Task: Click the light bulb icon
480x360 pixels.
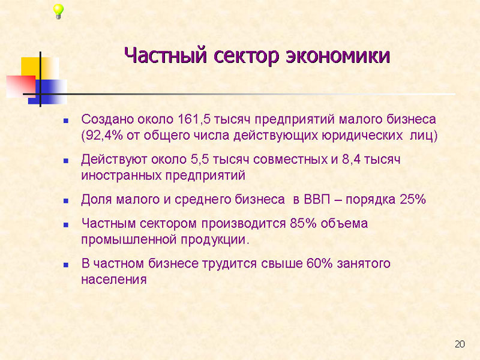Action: pyautogui.click(x=58, y=11)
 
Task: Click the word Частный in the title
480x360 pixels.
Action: pyautogui.click(x=166, y=56)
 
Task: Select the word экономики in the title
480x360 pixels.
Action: pyautogui.click(x=338, y=56)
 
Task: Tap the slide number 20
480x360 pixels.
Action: pyautogui.click(x=460, y=344)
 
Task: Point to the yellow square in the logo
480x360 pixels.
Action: pyautogui.click(x=40, y=68)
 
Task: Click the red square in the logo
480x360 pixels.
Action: pyautogui.click(x=21, y=86)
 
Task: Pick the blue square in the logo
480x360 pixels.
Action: pyautogui.click(x=47, y=92)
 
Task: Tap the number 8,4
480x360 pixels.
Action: pyautogui.click(x=351, y=160)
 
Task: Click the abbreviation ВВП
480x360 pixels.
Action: pyautogui.click(x=317, y=200)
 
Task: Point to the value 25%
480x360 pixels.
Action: pyautogui.click(x=413, y=200)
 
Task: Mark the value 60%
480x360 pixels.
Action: pyautogui.click(x=319, y=263)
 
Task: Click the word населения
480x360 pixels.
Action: pyautogui.click(x=114, y=280)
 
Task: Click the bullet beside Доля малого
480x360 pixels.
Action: pyautogui.click(x=66, y=201)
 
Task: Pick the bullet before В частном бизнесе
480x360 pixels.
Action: pyautogui.click(x=66, y=265)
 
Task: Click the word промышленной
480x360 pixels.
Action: pyautogui.click(x=128, y=240)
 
